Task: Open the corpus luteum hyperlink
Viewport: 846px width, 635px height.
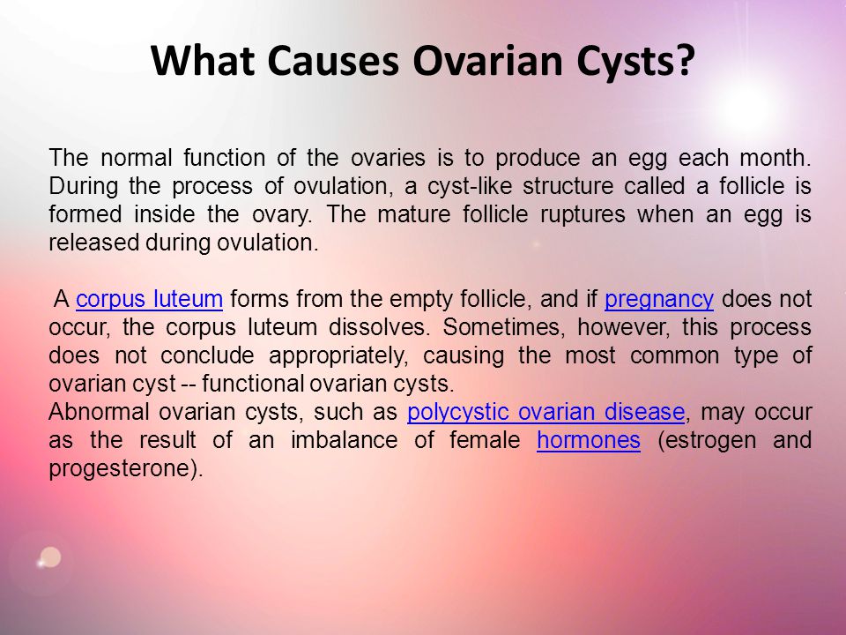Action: tap(150, 299)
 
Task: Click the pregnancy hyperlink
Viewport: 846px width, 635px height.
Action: tap(659, 300)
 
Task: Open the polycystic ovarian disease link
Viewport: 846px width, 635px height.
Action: tap(546, 412)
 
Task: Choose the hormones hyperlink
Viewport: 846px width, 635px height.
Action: tap(589, 439)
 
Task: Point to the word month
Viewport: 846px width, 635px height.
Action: tap(775, 158)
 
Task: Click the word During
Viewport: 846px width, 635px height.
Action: tap(83, 186)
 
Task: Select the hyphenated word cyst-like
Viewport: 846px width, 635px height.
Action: tap(468, 186)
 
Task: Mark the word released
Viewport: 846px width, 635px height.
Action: tap(94, 243)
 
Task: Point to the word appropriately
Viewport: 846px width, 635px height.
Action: tap(338, 356)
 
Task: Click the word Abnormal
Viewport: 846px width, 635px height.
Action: tap(99, 412)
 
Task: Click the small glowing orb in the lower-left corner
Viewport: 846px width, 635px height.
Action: tap(49, 557)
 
